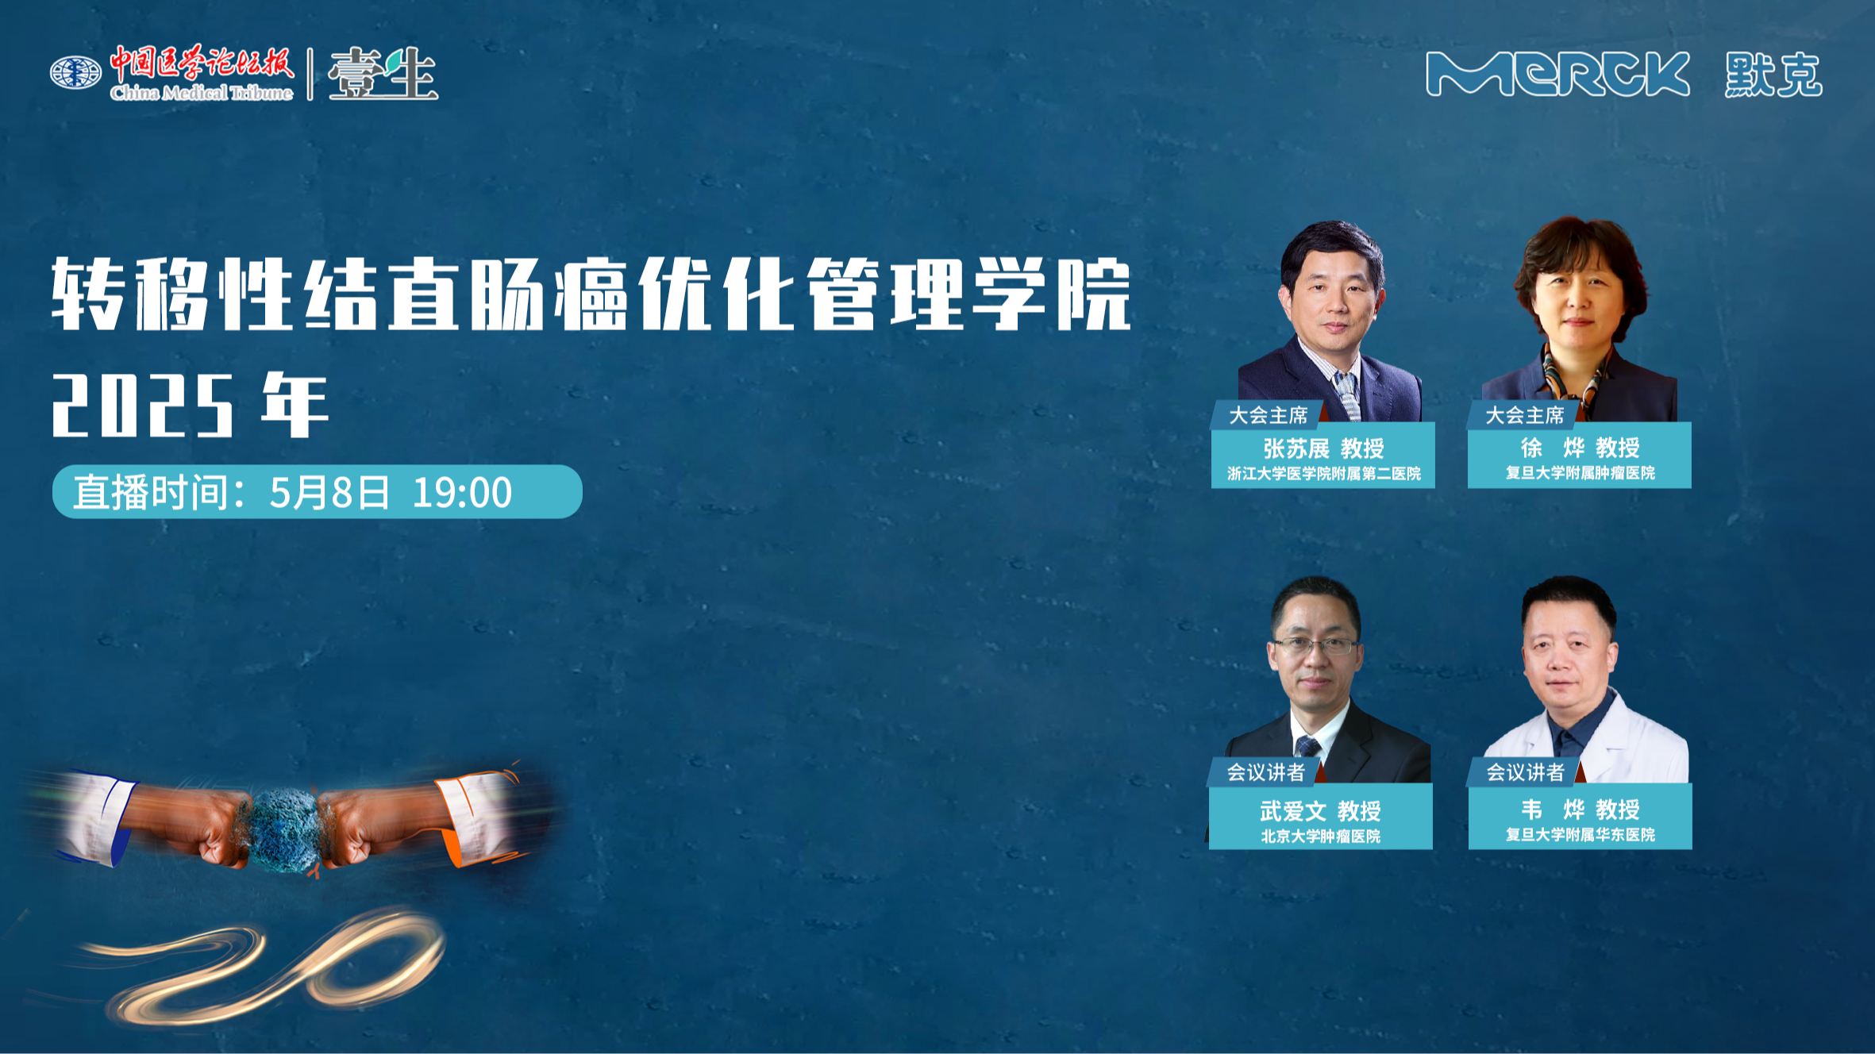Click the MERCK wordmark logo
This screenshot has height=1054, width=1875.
tap(1557, 74)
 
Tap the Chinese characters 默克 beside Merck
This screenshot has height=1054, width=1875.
tap(1773, 75)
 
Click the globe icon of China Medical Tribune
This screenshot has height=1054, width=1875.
tap(75, 73)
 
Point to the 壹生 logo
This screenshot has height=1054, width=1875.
tap(383, 74)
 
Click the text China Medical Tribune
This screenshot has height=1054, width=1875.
tap(202, 93)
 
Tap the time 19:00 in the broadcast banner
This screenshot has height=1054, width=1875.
tap(462, 492)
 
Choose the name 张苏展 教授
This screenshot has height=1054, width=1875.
tap(1323, 448)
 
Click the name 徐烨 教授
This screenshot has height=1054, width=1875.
tap(1580, 448)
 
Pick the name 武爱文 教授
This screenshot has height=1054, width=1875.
tap(1320, 810)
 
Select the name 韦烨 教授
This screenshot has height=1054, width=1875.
tap(1580, 810)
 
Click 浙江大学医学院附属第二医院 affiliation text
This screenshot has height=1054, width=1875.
tap(1323, 474)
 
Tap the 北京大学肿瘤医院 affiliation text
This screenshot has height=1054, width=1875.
tap(1320, 836)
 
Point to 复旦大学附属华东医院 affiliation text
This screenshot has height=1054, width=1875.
tap(1580, 834)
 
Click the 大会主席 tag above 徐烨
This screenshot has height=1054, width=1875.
tap(1524, 415)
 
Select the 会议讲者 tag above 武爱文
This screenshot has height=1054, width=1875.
tap(1265, 771)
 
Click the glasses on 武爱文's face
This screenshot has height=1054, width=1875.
tap(1316, 646)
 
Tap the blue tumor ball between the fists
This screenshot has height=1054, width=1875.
tap(284, 829)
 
